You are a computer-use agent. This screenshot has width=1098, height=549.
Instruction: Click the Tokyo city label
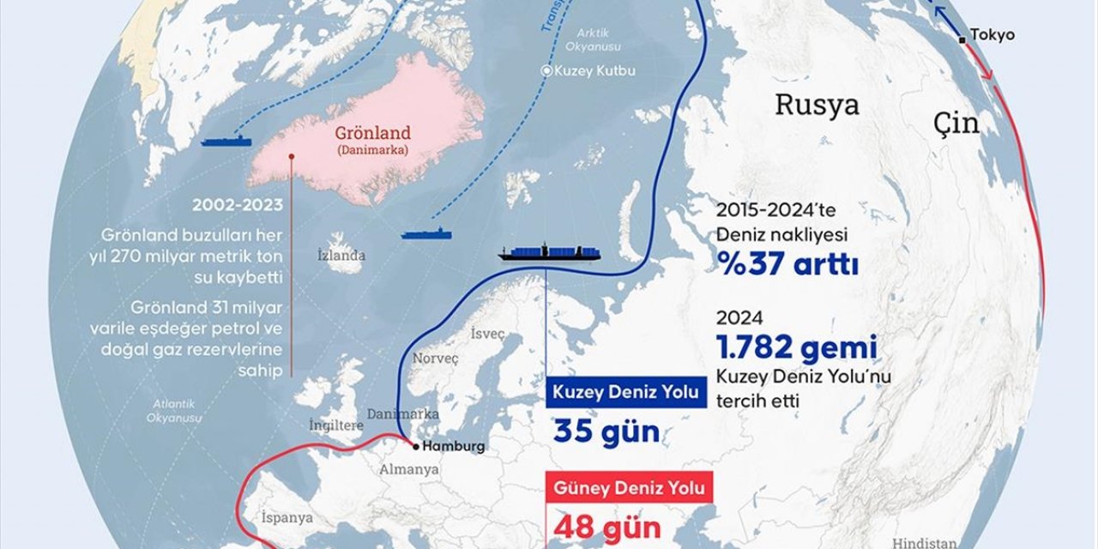tap(992, 35)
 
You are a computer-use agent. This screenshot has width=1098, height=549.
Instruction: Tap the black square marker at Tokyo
tap(963, 37)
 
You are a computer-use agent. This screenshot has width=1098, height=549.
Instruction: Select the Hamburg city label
tap(454, 446)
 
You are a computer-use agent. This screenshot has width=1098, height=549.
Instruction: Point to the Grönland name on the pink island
tap(373, 134)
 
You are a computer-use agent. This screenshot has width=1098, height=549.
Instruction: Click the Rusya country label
tap(817, 105)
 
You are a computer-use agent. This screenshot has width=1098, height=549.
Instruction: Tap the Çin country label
tap(956, 124)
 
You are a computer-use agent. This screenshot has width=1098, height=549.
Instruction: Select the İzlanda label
tap(341, 255)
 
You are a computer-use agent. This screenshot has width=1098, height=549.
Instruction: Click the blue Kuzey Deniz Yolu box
tap(626, 394)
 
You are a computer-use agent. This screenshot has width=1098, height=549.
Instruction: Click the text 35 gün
tap(606, 431)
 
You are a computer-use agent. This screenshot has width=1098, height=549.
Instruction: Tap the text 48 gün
tap(606, 525)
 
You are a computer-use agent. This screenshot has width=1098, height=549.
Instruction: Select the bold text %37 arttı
tap(787, 264)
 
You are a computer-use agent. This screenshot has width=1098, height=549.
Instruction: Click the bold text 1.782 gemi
tap(797, 347)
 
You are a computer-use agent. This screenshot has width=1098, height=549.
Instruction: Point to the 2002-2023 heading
tap(238, 206)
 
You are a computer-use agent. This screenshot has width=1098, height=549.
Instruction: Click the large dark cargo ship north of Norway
tap(549, 252)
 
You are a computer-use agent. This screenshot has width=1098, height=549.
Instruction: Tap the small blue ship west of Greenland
tap(226, 141)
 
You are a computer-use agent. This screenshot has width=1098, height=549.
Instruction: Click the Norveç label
tap(436, 358)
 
